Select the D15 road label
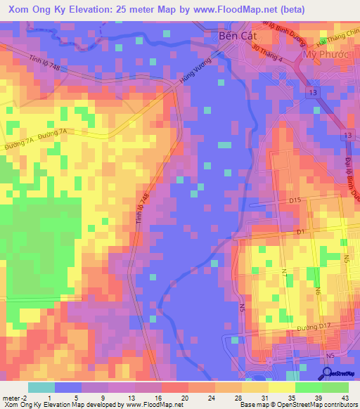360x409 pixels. [x=294, y=201]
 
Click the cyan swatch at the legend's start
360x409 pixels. [x=41, y=387]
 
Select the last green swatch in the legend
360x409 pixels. [x=335, y=387]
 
